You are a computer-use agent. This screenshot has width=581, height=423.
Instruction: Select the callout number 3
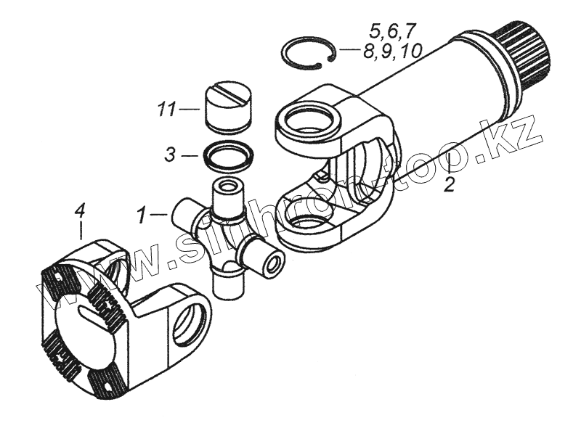click(168, 155)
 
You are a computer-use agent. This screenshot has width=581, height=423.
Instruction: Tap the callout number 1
click(142, 215)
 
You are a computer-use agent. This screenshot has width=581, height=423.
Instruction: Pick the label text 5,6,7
click(392, 30)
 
